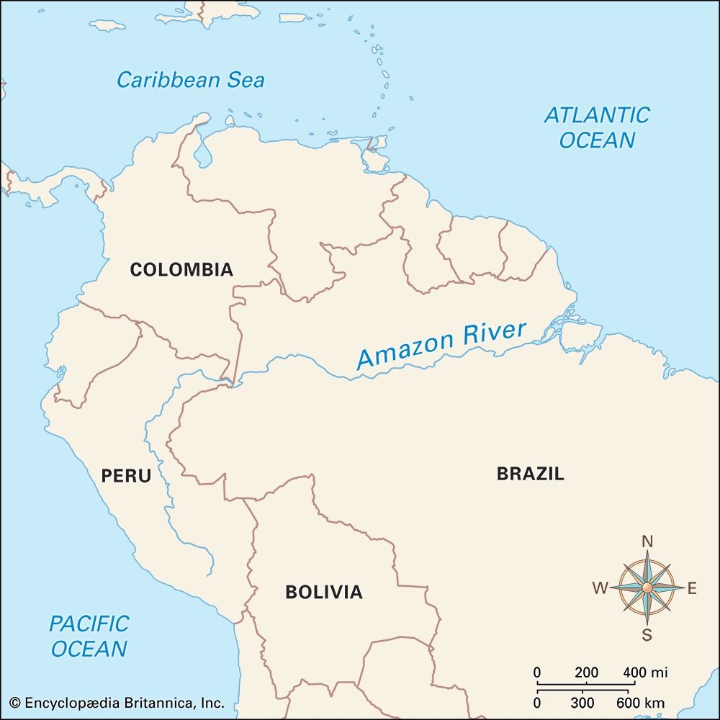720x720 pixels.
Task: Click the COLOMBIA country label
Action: (x=181, y=270)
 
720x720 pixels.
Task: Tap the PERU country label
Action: (x=126, y=476)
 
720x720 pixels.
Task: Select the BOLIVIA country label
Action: (x=324, y=593)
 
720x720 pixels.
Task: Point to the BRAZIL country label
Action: (x=531, y=474)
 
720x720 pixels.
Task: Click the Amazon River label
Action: (x=441, y=346)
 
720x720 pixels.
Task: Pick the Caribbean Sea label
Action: (x=191, y=79)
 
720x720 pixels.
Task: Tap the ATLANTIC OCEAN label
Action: (x=597, y=127)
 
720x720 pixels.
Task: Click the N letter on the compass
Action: (x=647, y=542)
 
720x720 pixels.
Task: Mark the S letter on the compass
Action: (x=647, y=634)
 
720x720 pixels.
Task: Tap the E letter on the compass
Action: (x=692, y=589)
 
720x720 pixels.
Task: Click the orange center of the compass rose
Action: (x=647, y=588)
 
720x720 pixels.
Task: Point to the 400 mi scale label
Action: (x=645, y=672)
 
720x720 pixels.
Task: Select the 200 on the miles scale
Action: (x=586, y=672)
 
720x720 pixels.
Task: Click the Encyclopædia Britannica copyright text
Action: (x=117, y=703)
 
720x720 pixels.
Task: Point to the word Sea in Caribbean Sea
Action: (x=246, y=79)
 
